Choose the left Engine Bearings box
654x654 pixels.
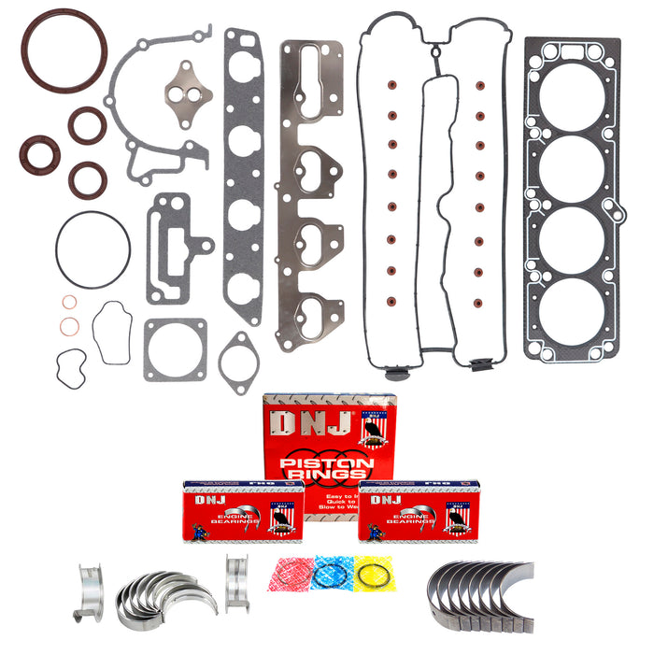243,512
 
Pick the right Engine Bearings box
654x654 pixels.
418,512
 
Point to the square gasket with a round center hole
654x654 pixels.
175,349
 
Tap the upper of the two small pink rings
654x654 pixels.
69,303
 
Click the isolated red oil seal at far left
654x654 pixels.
39,154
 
